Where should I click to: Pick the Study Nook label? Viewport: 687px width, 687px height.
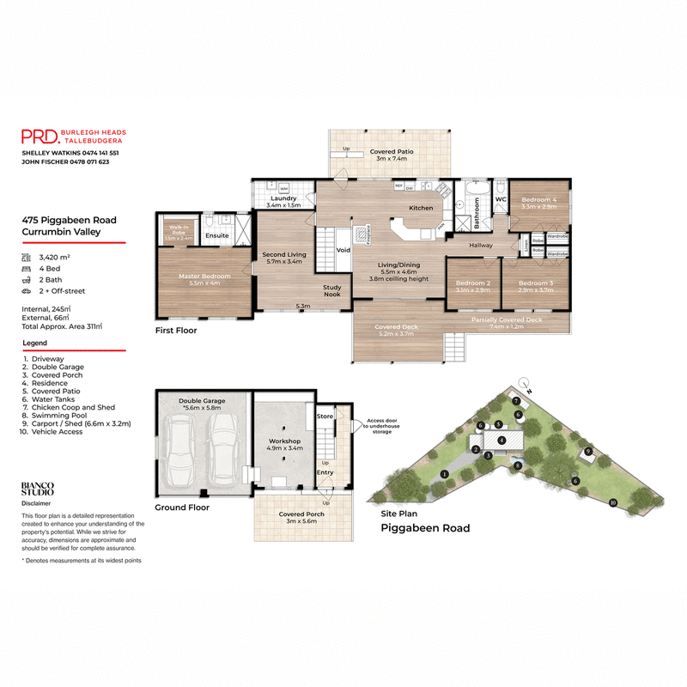pyautogui.click(x=331, y=290)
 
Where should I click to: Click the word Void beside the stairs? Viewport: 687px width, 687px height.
pyautogui.click(x=343, y=251)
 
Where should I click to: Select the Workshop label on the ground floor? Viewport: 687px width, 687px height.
pyautogui.click(x=283, y=444)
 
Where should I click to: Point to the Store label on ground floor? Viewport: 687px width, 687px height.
pyautogui.click(x=325, y=416)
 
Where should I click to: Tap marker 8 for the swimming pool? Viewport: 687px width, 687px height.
pyautogui.click(x=518, y=465)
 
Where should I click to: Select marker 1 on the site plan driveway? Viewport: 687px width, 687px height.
pyautogui.click(x=444, y=474)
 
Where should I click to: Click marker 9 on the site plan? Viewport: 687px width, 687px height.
pyautogui.click(x=588, y=451)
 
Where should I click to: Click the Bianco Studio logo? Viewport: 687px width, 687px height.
pyautogui.click(x=37, y=489)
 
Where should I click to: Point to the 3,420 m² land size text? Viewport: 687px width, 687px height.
pyautogui.click(x=55, y=257)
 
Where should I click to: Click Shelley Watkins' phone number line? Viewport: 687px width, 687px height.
pyautogui.click(x=70, y=152)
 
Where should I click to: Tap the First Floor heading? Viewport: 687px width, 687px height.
pyautogui.click(x=176, y=330)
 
